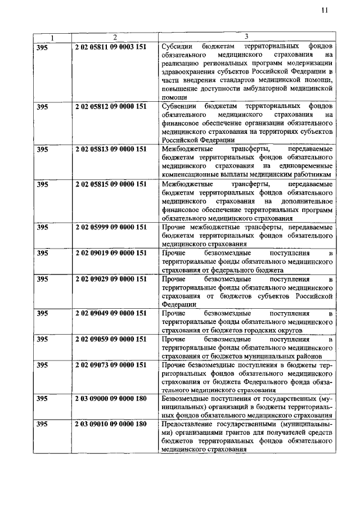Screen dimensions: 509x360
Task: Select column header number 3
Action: tap(246, 37)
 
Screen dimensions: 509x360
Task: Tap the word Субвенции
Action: tap(178, 106)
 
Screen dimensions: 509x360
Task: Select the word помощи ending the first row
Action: tap(173, 97)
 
